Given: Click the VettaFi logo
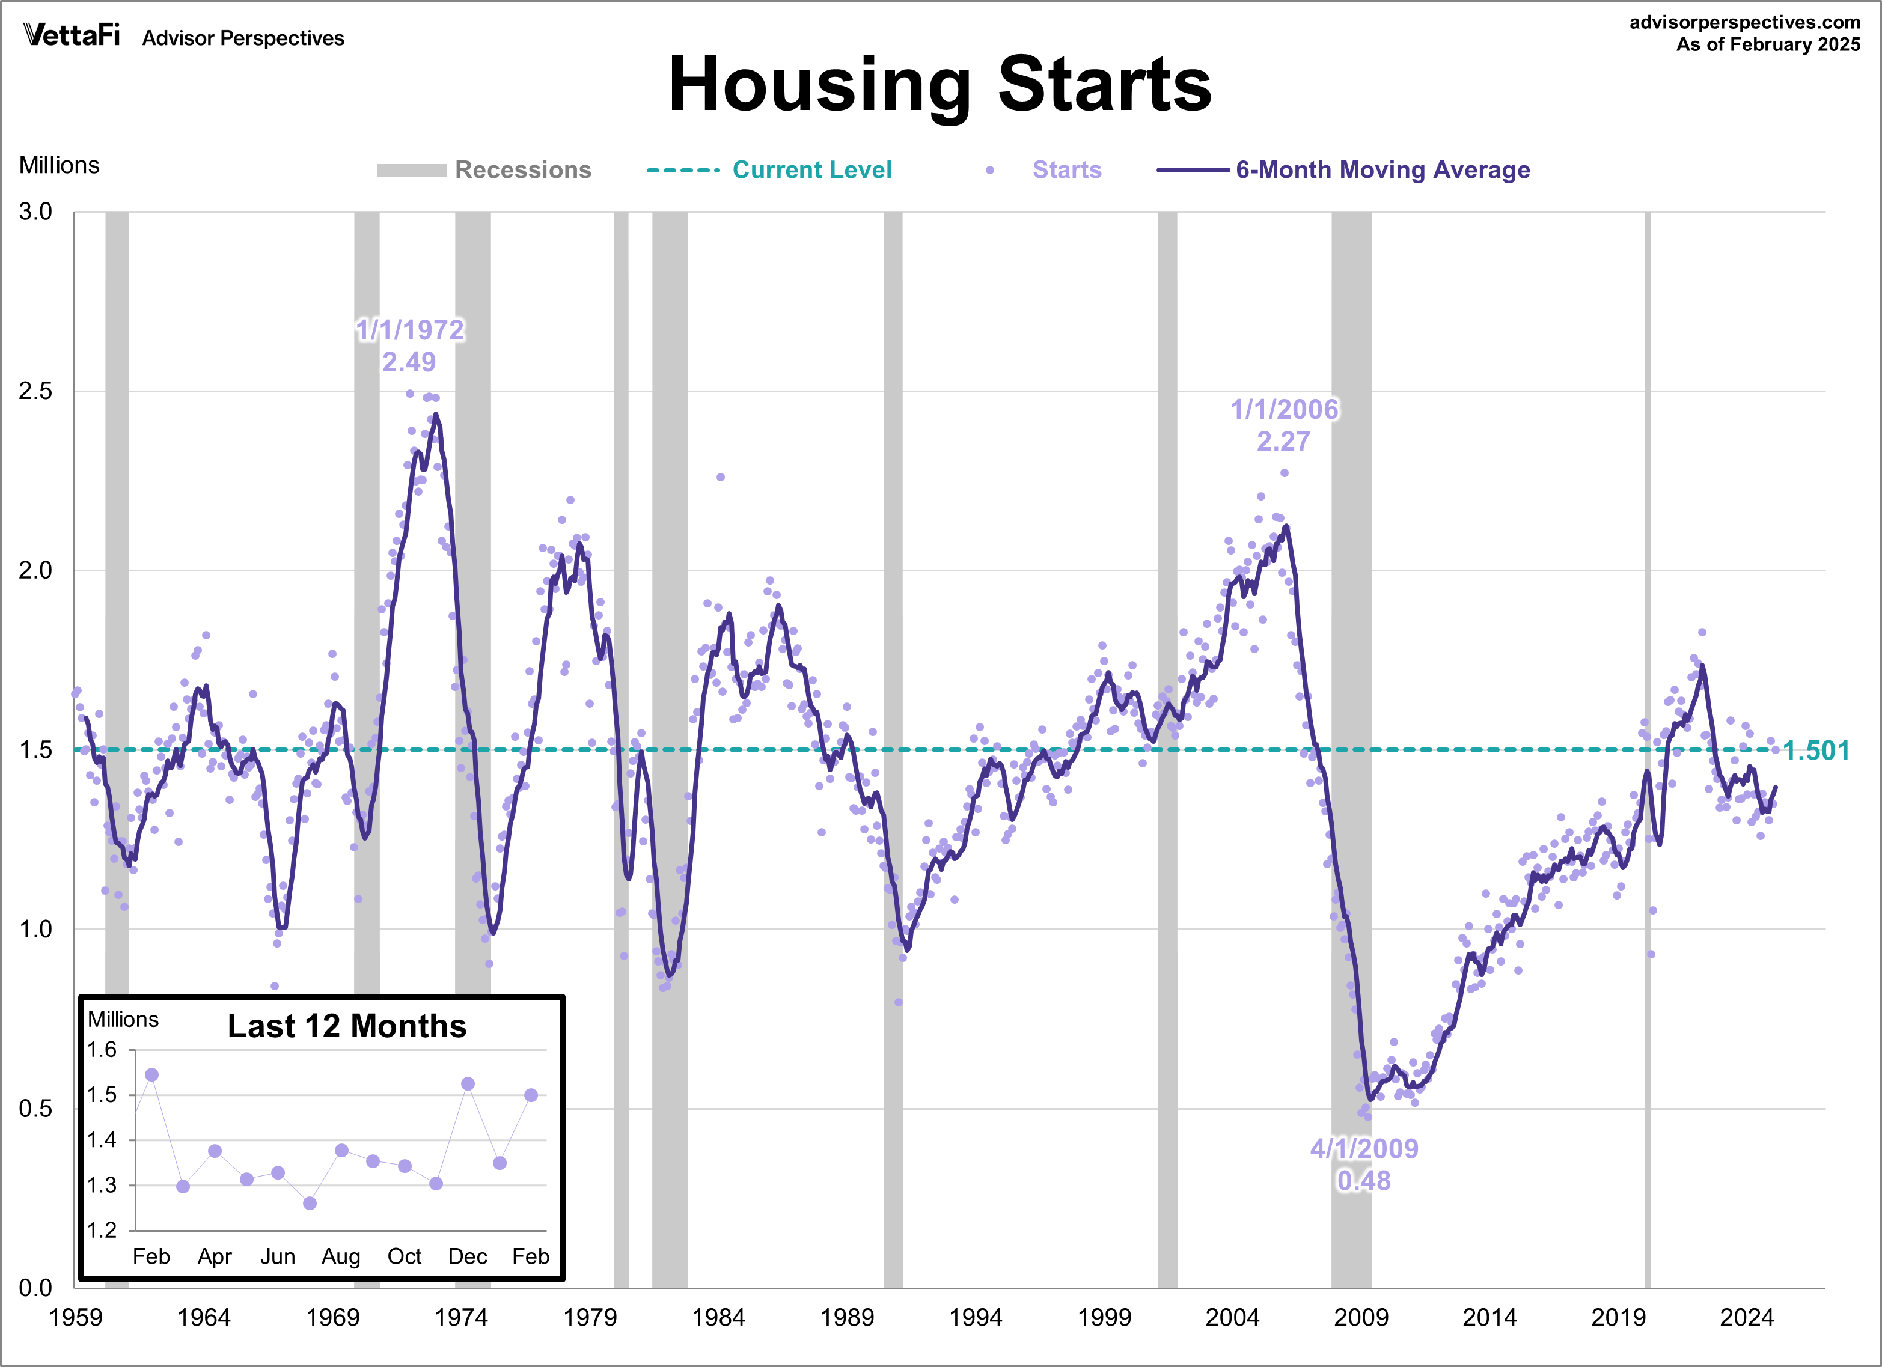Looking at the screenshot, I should click(72, 35).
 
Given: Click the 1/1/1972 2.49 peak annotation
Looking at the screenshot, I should click(409, 345).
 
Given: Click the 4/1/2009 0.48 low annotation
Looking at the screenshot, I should click(1363, 1164).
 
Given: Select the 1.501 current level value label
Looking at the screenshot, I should click(1816, 750).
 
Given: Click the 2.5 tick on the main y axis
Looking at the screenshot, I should click(35, 391).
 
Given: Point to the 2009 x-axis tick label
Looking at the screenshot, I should click(1360, 1317).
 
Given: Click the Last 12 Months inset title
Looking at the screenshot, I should click(347, 1026).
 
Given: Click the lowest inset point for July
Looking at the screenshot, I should click(310, 1203).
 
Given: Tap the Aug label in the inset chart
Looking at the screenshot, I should click(341, 1256).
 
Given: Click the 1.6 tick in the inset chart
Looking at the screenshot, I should click(102, 1050).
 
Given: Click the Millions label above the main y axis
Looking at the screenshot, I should click(59, 165).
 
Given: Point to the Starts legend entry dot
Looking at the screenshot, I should click(989, 170).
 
